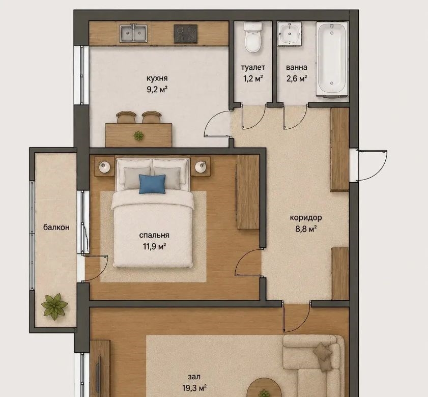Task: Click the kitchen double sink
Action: pyautogui.click(x=133, y=34)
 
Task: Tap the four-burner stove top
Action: pyautogui.click(x=186, y=34)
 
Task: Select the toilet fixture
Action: pyautogui.click(x=253, y=37)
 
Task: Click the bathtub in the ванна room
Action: pyautogui.click(x=332, y=59)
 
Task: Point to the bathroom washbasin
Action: pyautogui.click(x=290, y=34)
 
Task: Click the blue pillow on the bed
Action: pyautogui.click(x=152, y=184)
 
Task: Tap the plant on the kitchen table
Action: pyautogui.click(x=138, y=135)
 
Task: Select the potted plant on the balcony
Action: pyautogui.click(x=54, y=306)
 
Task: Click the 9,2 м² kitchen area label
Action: pyautogui.click(x=157, y=89)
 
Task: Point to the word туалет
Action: pyautogui.click(x=253, y=67)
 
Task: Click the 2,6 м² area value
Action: pyautogui.click(x=297, y=79)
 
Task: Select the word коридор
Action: pyautogui.click(x=306, y=218)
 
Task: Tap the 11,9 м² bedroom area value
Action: pyautogui.click(x=155, y=246)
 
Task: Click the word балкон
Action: pyautogui.click(x=56, y=227)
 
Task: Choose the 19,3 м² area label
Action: pyautogui.click(x=194, y=388)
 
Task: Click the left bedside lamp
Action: pyautogui.click(x=104, y=166)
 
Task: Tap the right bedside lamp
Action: pyautogui.click(x=201, y=166)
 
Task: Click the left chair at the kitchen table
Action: pyautogui.click(x=126, y=117)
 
